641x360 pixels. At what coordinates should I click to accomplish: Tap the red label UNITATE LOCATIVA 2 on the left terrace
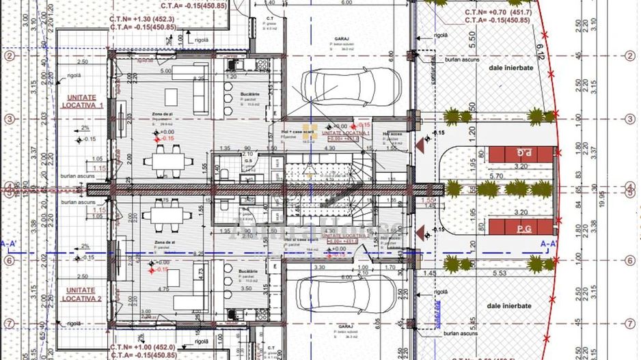tap(81, 294)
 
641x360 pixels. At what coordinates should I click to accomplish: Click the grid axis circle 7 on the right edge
tap(630, 322)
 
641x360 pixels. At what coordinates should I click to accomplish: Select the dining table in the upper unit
tap(165, 161)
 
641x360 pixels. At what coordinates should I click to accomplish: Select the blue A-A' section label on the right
tap(548, 243)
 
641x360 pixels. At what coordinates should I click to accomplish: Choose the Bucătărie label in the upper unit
tap(251, 94)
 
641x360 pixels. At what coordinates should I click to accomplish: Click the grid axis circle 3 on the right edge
tap(630, 119)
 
